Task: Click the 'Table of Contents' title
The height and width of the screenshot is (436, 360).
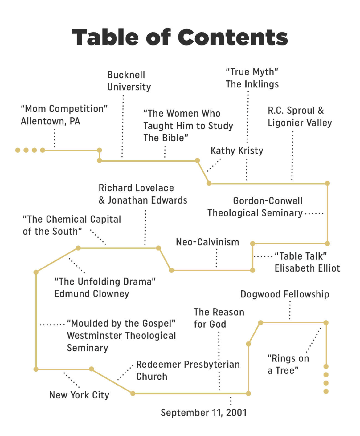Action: point(180,37)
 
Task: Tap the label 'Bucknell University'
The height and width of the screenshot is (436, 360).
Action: point(129,81)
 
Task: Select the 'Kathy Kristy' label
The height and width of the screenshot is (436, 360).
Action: point(237,151)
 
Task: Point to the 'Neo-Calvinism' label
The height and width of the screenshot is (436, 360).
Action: point(207,242)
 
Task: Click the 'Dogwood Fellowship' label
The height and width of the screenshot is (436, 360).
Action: point(284,294)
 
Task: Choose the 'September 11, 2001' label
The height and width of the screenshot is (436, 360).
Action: point(203,412)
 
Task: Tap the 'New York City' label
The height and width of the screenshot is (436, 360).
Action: point(79,395)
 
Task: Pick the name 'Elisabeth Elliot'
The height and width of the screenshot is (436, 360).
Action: point(307,268)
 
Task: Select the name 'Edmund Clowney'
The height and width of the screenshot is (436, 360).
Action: point(92,293)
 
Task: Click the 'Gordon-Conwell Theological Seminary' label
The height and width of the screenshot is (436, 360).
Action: point(255,207)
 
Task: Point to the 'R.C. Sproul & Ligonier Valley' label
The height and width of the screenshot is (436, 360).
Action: point(300,116)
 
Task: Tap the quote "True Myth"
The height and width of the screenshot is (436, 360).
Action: point(252,72)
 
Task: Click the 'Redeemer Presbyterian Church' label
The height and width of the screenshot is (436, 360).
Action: point(188,370)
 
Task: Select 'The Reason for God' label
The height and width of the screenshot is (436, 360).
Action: point(219,318)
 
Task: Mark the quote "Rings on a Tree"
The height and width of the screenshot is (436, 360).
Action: point(288,364)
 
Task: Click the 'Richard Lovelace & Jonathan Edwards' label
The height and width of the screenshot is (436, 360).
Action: point(143,194)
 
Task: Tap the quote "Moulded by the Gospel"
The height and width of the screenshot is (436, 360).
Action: point(121,323)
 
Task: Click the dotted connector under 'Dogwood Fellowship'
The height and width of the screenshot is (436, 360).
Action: point(290,310)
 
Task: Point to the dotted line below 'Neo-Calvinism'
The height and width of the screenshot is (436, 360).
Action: point(216,258)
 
